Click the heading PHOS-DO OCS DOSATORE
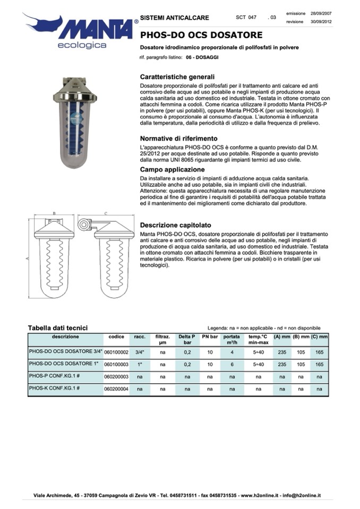[201, 36]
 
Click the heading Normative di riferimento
[178, 139]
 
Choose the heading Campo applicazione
[170, 169]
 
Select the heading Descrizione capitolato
[175, 225]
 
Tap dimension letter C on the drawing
[106, 213]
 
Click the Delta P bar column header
[187, 339]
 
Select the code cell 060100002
[116, 352]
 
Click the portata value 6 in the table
[232, 365]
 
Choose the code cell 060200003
[116, 377]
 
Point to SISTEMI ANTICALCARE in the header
[175, 18]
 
